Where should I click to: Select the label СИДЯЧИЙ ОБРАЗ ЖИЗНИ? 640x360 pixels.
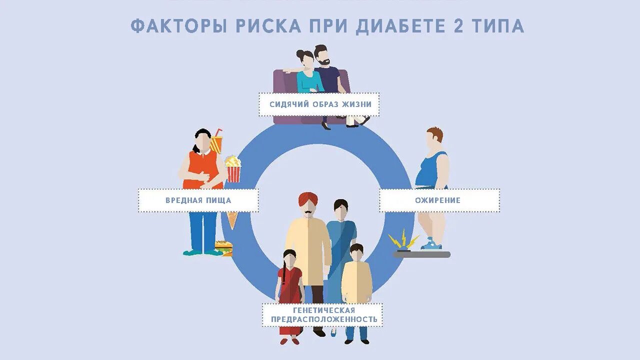click(x=319, y=104)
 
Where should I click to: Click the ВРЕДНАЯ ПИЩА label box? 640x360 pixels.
click(x=198, y=200)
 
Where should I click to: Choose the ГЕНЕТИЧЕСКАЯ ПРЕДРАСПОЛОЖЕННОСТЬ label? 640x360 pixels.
click(x=323, y=315)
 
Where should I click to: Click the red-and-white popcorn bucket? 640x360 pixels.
click(x=233, y=170)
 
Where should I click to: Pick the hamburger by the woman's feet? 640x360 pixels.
click(x=223, y=247)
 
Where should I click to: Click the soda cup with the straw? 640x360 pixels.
click(x=216, y=143)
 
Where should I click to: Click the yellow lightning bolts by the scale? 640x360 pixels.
click(x=404, y=239)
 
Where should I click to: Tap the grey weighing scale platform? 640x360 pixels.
click(x=421, y=254)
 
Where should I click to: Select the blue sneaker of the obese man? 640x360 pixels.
click(x=431, y=244)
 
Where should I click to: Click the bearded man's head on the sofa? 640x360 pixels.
click(x=321, y=55)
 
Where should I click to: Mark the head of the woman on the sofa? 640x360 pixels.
click(x=305, y=59)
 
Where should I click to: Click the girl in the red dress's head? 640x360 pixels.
click(x=289, y=258)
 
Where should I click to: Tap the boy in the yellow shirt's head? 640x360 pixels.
click(x=356, y=252)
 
